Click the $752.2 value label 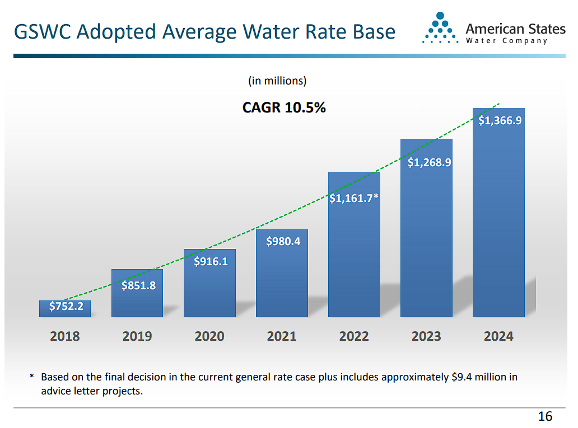pos(66,306)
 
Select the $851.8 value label pos(138,286)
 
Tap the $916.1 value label pos(211,261)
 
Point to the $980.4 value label pos(283,241)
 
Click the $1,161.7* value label pos(354,198)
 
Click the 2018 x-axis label pos(65,336)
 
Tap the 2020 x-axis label pos(209,336)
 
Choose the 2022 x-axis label pos(354,336)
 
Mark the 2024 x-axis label pos(498,336)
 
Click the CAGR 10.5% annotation pos(284,107)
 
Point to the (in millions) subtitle pos(277,81)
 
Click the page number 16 pos(545,416)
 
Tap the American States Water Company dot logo pos(440,29)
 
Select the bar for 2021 pos(282,274)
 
